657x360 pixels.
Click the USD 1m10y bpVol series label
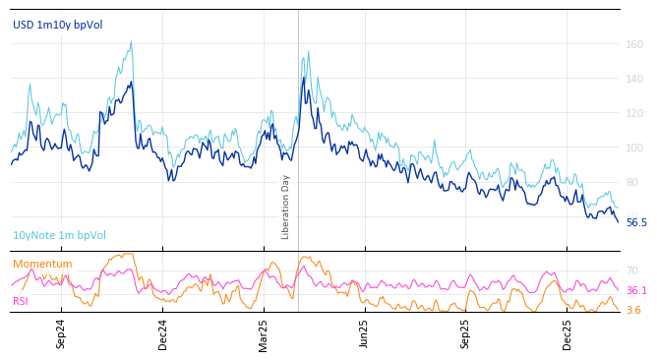[57, 25]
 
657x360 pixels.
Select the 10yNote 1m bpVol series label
[59, 236]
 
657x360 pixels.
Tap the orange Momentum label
[42, 264]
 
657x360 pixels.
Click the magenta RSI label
[21, 301]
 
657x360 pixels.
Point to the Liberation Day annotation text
[286, 207]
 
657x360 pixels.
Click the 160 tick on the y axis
[634, 44]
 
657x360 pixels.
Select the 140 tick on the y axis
[634, 79]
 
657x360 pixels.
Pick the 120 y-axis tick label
[634, 113]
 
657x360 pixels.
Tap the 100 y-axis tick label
[634, 148]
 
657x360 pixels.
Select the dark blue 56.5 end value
[636, 223]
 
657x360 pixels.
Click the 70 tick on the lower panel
[631, 270]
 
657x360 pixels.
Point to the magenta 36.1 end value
[636, 291]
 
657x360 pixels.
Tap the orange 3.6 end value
[633, 311]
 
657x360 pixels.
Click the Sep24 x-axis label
[61, 333]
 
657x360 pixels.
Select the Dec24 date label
[163, 333]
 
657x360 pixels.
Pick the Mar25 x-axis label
[264, 333]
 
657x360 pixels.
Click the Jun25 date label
[364, 333]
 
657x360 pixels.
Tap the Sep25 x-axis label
[465, 333]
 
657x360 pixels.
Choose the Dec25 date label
[567, 333]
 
